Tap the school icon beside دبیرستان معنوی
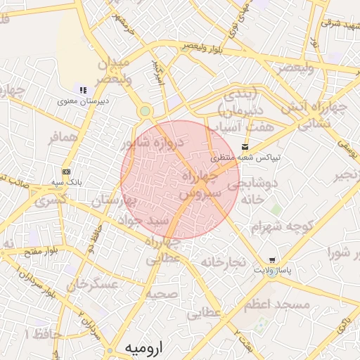pyautogui.click(x=83, y=90)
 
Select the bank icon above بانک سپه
pyautogui.click(x=66, y=172)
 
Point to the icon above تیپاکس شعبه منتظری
pyautogui.click(x=245, y=147)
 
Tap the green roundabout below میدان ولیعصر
pyautogui.click(x=145, y=110)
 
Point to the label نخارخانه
pyautogui.click(x=223, y=262)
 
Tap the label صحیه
pyautogui.click(x=162, y=294)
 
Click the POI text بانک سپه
pyautogui.click(x=67, y=182)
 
